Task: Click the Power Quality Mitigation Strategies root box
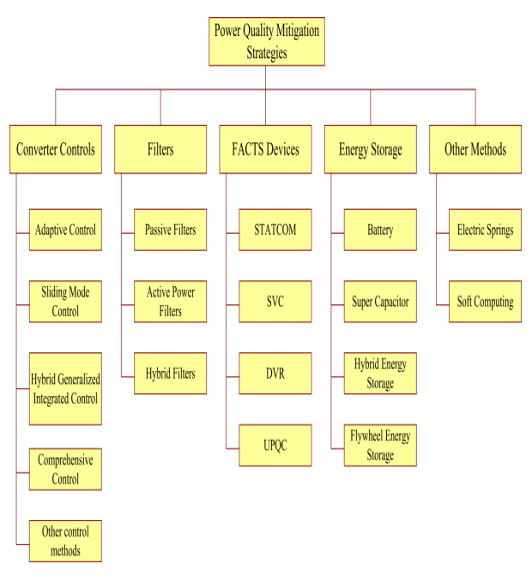click(267, 41)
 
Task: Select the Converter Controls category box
click(56, 149)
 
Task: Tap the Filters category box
click(160, 149)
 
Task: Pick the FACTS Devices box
click(265, 149)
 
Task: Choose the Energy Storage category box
click(371, 149)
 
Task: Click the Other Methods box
click(475, 149)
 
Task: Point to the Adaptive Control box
click(65, 230)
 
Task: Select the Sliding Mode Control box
click(65, 302)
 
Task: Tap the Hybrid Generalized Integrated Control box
click(65, 388)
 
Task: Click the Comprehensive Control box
click(65, 469)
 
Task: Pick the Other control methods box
click(65, 541)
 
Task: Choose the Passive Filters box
click(170, 230)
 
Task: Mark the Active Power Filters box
click(170, 302)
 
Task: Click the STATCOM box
click(275, 230)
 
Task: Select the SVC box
click(275, 302)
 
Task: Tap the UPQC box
click(275, 446)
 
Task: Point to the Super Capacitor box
click(380, 302)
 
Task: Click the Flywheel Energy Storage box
click(380, 446)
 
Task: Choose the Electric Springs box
click(485, 230)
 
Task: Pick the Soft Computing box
click(485, 302)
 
